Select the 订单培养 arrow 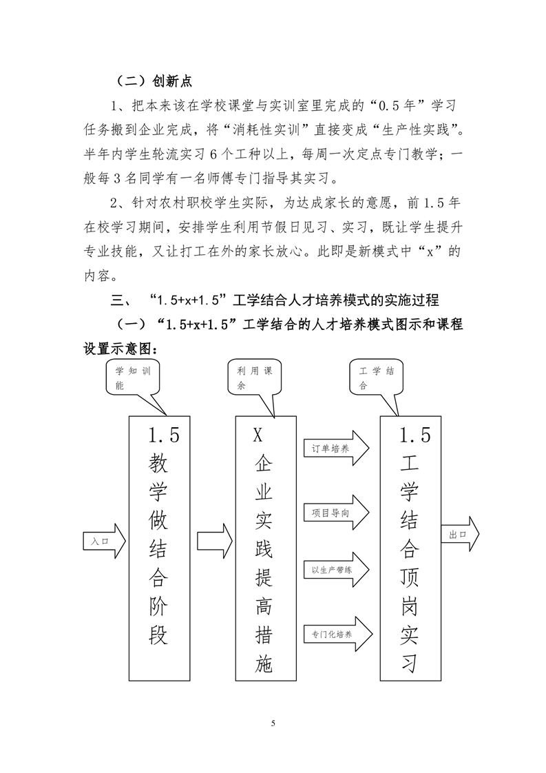pyautogui.click(x=337, y=448)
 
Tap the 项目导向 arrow pyautogui.click(x=337, y=512)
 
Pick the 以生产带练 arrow pyautogui.click(x=337, y=569)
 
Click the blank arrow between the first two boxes pyautogui.click(x=215, y=541)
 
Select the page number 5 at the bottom pyautogui.click(x=273, y=723)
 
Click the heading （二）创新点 pyautogui.click(x=153, y=81)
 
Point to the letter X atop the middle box pyautogui.click(x=258, y=435)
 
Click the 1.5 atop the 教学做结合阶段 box pyautogui.click(x=164, y=435)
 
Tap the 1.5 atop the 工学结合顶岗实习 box pyautogui.click(x=415, y=435)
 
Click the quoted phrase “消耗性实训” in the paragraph pyautogui.click(x=266, y=130)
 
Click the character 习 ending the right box pyautogui.click(x=409, y=663)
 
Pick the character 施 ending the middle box pyautogui.click(x=264, y=663)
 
